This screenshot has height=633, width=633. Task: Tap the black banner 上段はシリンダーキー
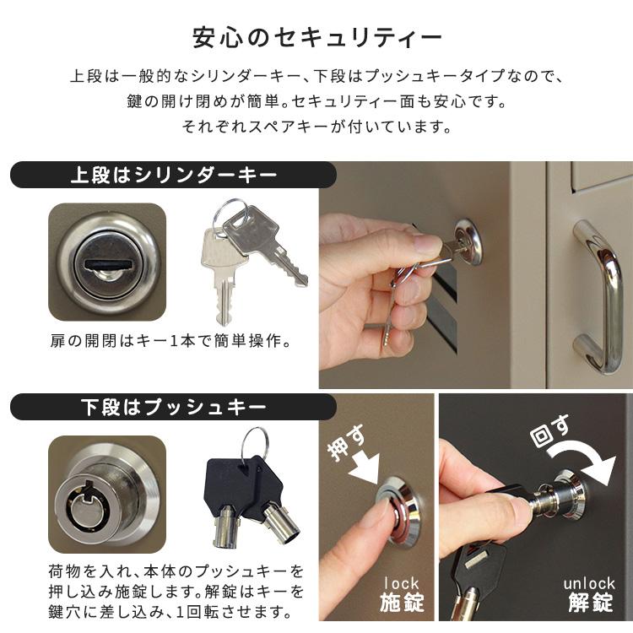point(173,176)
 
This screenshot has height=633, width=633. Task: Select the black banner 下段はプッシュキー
point(173,408)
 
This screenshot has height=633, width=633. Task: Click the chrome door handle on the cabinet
point(595,295)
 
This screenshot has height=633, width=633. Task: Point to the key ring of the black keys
point(252,445)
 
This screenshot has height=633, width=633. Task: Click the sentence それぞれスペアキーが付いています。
point(316,128)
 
